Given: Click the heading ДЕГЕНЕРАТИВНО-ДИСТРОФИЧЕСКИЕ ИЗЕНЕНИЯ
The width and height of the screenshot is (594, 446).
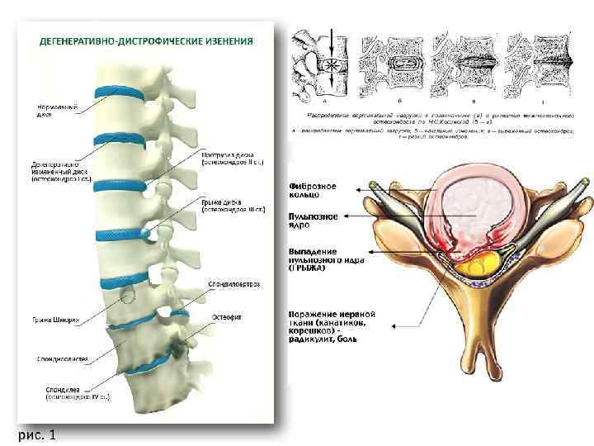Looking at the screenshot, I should [x=145, y=40].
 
